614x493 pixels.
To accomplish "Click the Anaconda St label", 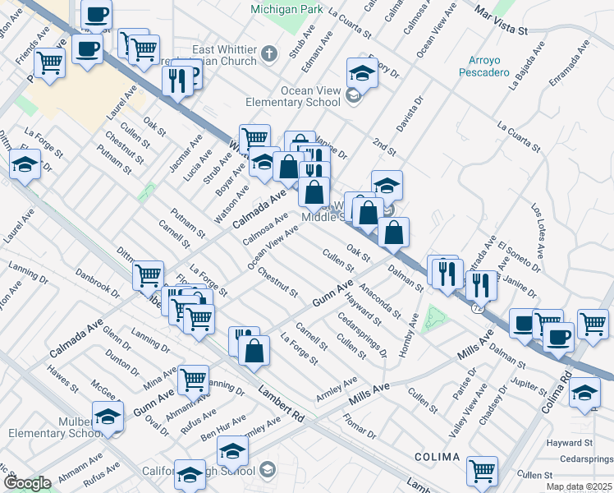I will click(x=379, y=302).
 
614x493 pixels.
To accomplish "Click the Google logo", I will click(x=27, y=483).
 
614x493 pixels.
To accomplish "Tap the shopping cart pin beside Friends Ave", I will click(x=50, y=62).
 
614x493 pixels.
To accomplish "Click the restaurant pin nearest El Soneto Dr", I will click(x=481, y=284).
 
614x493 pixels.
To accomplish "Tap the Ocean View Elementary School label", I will click(x=293, y=96).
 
